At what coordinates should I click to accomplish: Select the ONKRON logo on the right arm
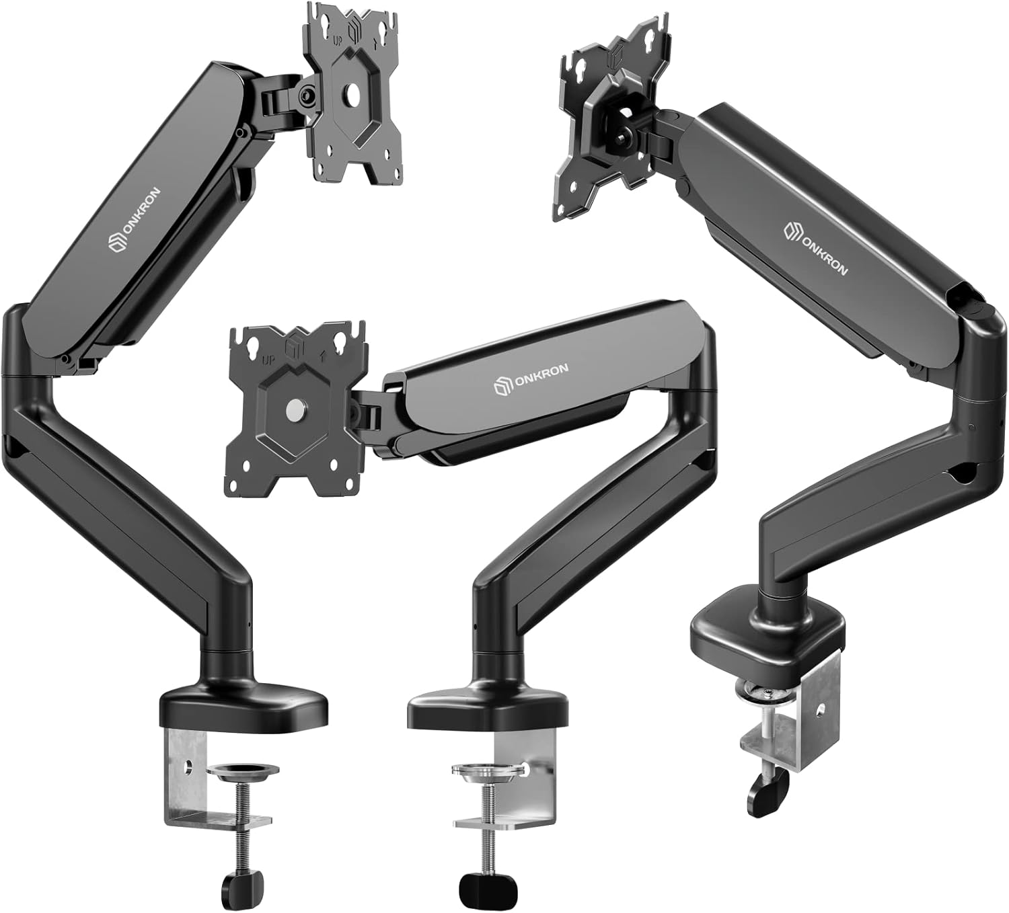(x=815, y=248)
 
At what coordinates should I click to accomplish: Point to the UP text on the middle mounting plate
(x=268, y=360)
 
